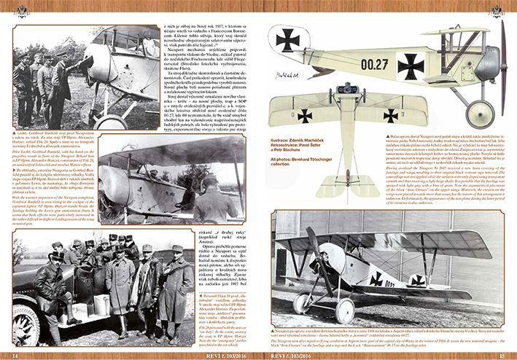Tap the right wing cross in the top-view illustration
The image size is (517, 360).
click(x=391, y=114)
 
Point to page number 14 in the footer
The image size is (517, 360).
click(x=16, y=353)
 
